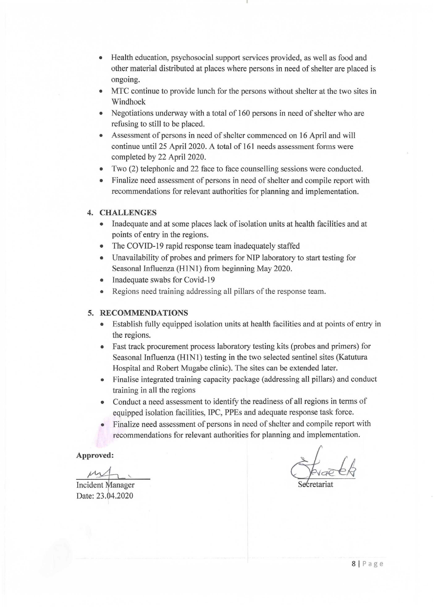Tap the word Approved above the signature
tap(95, 455)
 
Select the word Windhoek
tap(128, 102)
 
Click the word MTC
tap(120, 91)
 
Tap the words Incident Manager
tap(105, 485)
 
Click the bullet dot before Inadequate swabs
tap(102, 280)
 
